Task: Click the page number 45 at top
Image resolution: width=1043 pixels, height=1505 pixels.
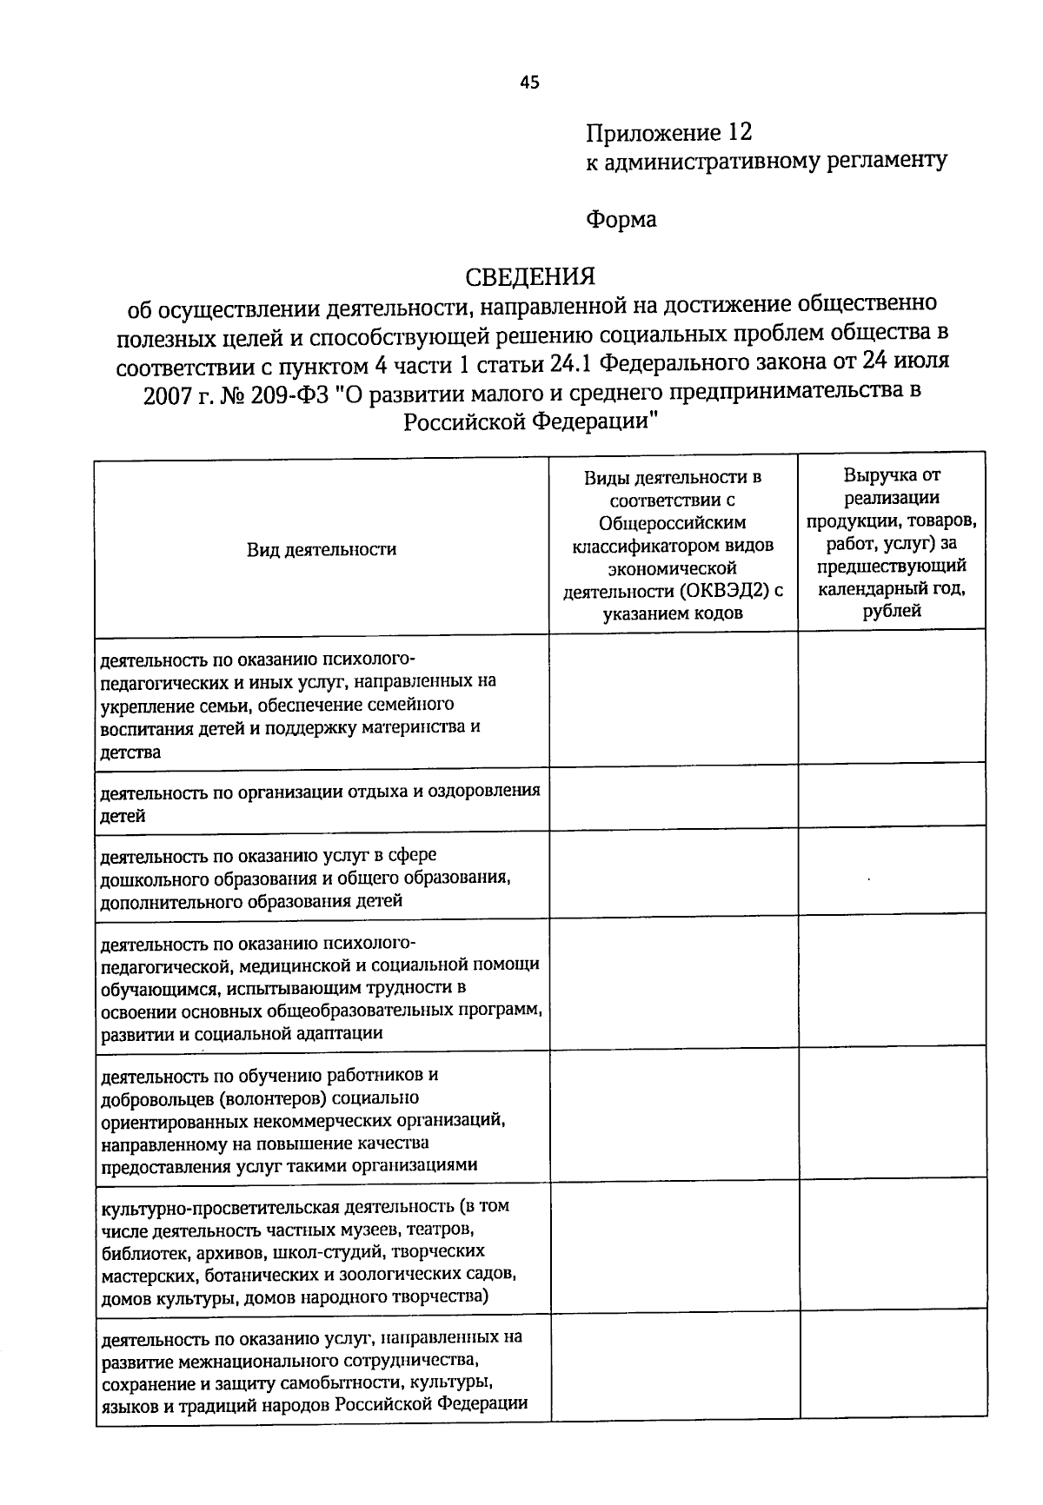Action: pyautogui.click(x=529, y=83)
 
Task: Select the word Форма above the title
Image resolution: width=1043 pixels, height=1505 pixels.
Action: pyautogui.click(x=621, y=219)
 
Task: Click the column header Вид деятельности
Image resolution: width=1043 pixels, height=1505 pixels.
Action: pyautogui.click(x=321, y=549)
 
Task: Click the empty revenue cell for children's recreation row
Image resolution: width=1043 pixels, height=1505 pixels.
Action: pyautogui.click(x=892, y=799)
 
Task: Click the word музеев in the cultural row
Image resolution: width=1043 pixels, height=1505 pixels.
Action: pyautogui.click(x=335, y=1230)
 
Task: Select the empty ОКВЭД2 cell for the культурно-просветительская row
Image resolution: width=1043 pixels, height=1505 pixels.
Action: pyautogui.click(x=674, y=1246)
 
